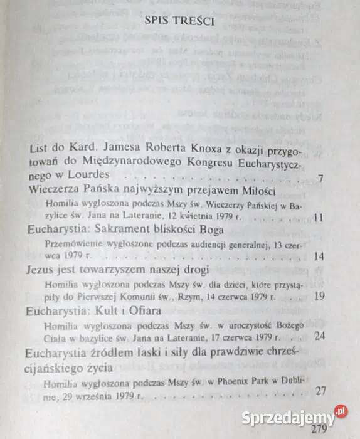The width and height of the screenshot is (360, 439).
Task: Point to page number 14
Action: click(x=318, y=257)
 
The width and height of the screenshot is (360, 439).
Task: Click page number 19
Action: click(x=319, y=296)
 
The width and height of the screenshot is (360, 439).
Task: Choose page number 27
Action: click(x=321, y=391)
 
